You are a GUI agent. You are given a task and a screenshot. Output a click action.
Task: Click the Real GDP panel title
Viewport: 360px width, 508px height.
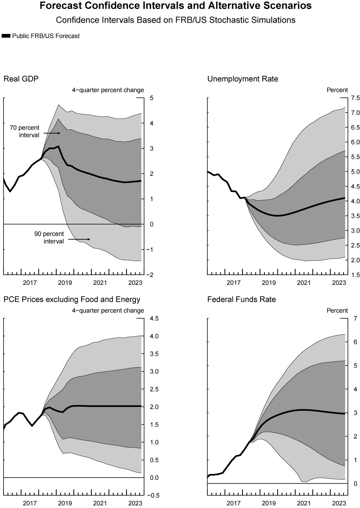click(x=21, y=79)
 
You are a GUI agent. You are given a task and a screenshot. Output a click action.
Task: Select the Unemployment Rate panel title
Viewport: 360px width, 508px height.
click(x=242, y=79)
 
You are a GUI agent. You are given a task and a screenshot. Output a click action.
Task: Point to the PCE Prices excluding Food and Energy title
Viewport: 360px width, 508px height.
click(x=72, y=300)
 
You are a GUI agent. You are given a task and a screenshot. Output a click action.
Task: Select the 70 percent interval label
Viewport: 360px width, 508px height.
click(x=24, y=131)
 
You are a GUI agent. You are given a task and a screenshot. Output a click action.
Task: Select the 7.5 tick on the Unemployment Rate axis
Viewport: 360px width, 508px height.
click(x=355, y=98)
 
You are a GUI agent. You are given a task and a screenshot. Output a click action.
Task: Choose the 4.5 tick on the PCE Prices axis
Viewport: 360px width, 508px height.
click(x=153, y=319)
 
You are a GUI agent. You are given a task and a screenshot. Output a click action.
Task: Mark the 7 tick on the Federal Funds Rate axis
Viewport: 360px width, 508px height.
click(x=355, y=319)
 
